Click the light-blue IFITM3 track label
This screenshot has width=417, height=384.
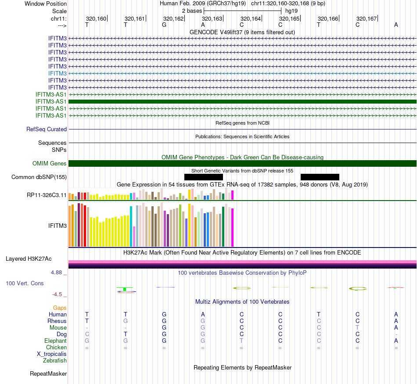58,73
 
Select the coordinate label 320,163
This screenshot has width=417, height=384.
212,19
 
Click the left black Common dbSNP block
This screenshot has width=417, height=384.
204,177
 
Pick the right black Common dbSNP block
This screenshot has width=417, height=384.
320,177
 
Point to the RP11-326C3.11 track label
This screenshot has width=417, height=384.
47,194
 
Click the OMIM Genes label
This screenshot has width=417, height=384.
50,164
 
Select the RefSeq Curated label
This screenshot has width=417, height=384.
47,129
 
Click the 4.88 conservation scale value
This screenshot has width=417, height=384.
58,273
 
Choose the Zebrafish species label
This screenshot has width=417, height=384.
55,361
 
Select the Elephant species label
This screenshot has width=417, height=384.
55,341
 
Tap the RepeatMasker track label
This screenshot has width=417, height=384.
48,374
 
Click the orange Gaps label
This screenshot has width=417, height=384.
60,308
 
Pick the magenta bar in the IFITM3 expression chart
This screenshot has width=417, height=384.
232,227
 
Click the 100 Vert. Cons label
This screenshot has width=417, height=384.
25,284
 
